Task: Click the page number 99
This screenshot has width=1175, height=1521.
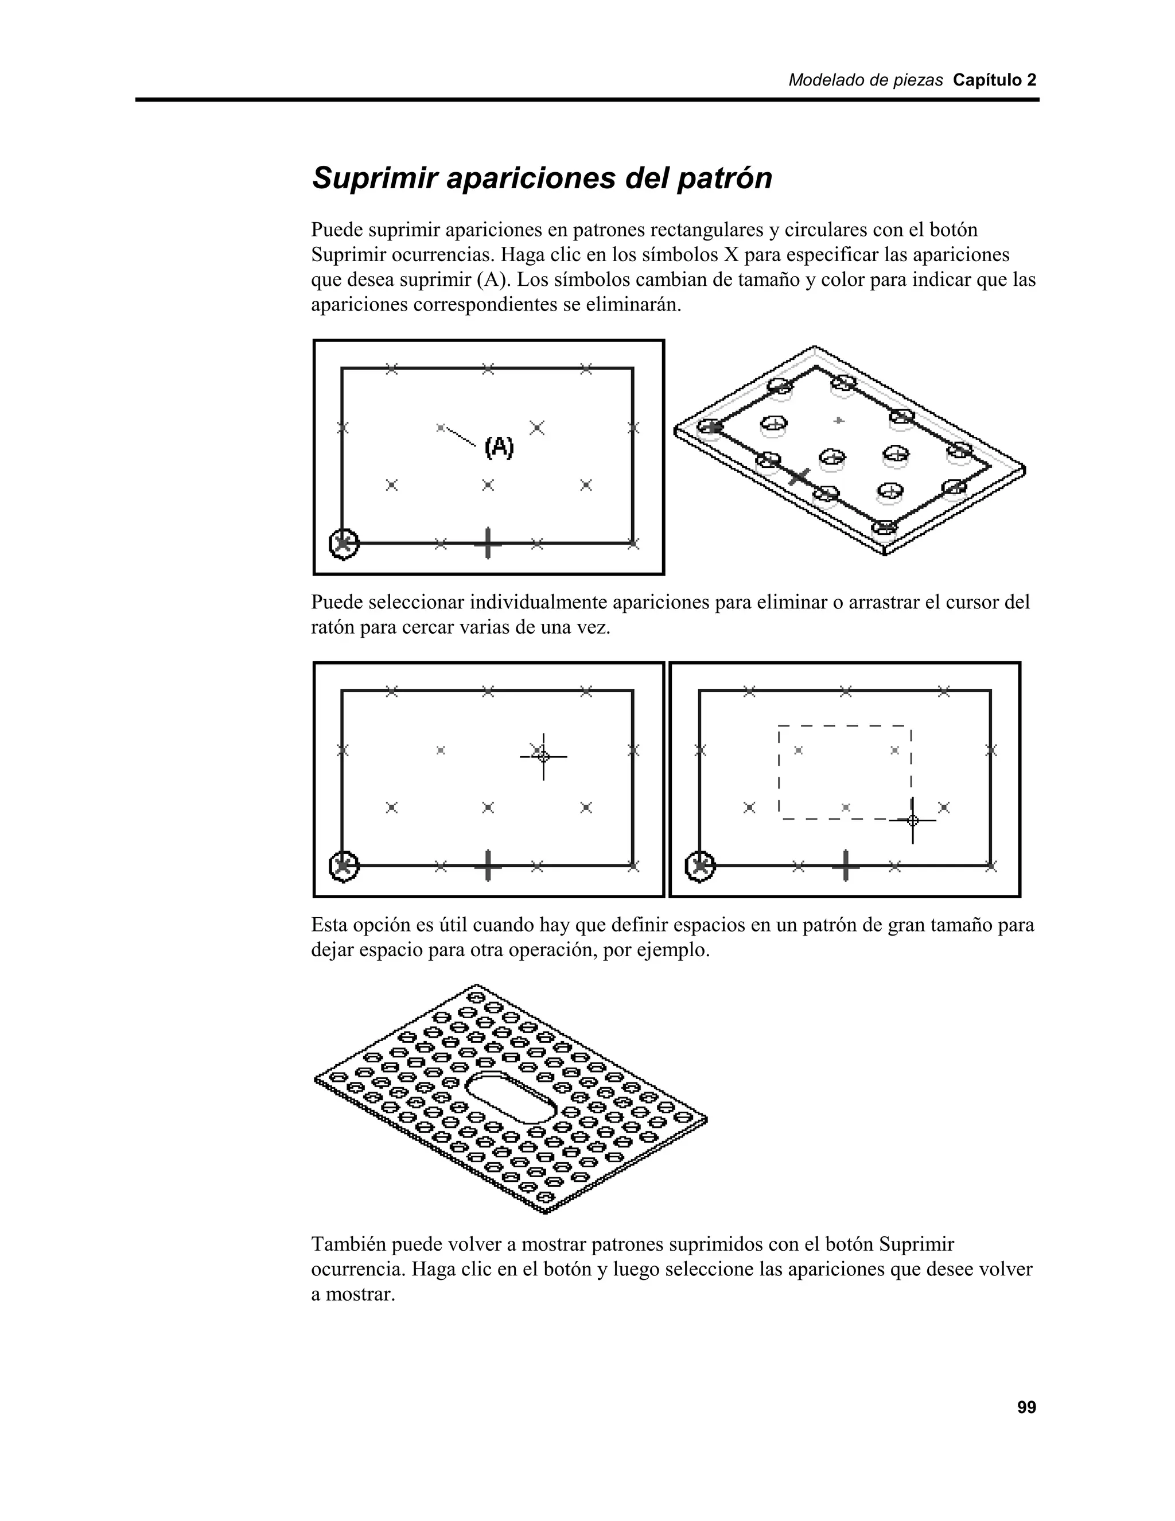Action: [x=1026, y=1407]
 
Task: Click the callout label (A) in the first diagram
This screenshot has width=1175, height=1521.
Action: [x=499, y=447]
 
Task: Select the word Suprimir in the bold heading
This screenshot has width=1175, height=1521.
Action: [x=374, y=179]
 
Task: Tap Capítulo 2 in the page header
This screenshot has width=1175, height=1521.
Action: [x=994, y=80]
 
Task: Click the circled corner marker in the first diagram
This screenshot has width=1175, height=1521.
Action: [x=343, y=542]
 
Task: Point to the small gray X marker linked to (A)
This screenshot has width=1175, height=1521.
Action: [x=440, y=428]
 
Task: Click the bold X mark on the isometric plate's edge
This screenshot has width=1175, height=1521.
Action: [x=800, y=477]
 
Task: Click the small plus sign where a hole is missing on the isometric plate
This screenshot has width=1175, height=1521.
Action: [x=839, y=420]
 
